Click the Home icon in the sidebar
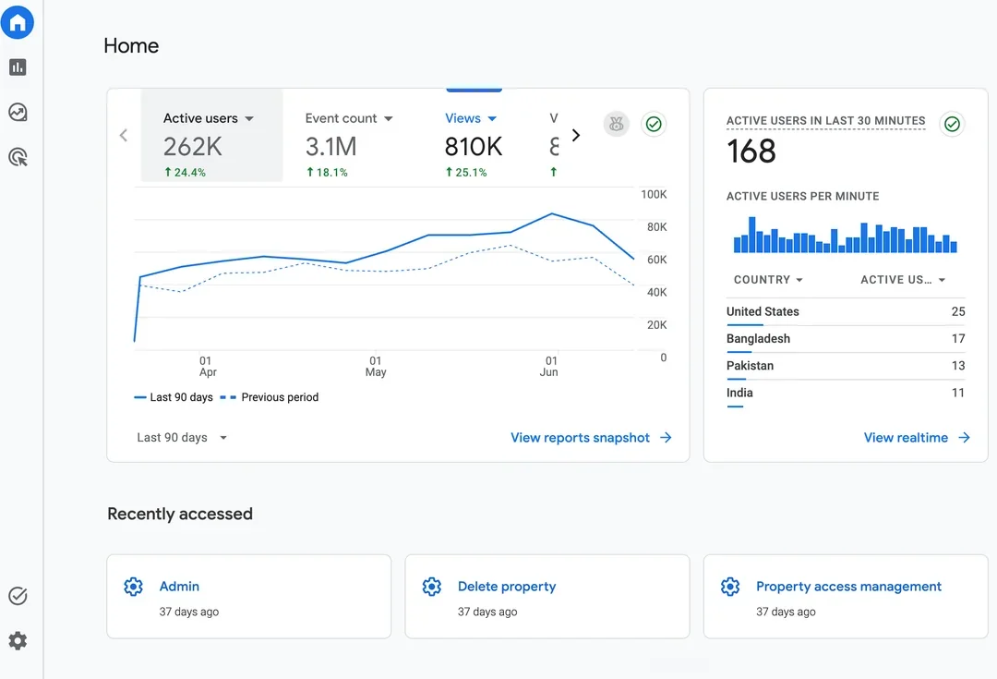18,23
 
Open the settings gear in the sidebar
18,641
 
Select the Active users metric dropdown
209,118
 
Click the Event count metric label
341,118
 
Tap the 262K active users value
193,147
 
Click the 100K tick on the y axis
654,194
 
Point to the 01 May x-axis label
376,367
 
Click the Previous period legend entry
269,397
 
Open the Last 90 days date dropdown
182,438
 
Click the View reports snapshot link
591,438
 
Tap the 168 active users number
751,152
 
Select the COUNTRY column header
768,280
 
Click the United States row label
763,312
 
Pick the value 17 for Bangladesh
958,339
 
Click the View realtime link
917,438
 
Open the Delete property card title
507,587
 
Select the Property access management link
848,587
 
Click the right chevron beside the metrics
576,136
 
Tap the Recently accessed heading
180,515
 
